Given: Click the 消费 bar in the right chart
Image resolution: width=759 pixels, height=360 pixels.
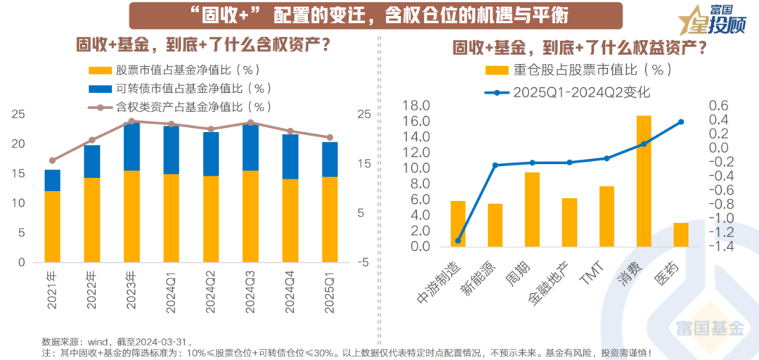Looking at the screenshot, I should [x=644, y=181].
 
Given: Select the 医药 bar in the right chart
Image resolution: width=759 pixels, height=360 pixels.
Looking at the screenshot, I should [x=681, y=235].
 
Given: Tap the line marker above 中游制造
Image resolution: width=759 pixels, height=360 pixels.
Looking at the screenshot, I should [x=458, y=240].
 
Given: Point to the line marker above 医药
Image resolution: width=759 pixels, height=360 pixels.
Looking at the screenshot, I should [x=681, y=122].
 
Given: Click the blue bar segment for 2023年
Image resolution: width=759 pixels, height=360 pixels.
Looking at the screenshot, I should [x=131, y=146].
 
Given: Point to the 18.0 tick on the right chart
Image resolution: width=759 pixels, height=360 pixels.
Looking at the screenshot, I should [x=415, y=105].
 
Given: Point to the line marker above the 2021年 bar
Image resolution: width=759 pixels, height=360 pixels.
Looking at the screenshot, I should [x=52, y=160].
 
